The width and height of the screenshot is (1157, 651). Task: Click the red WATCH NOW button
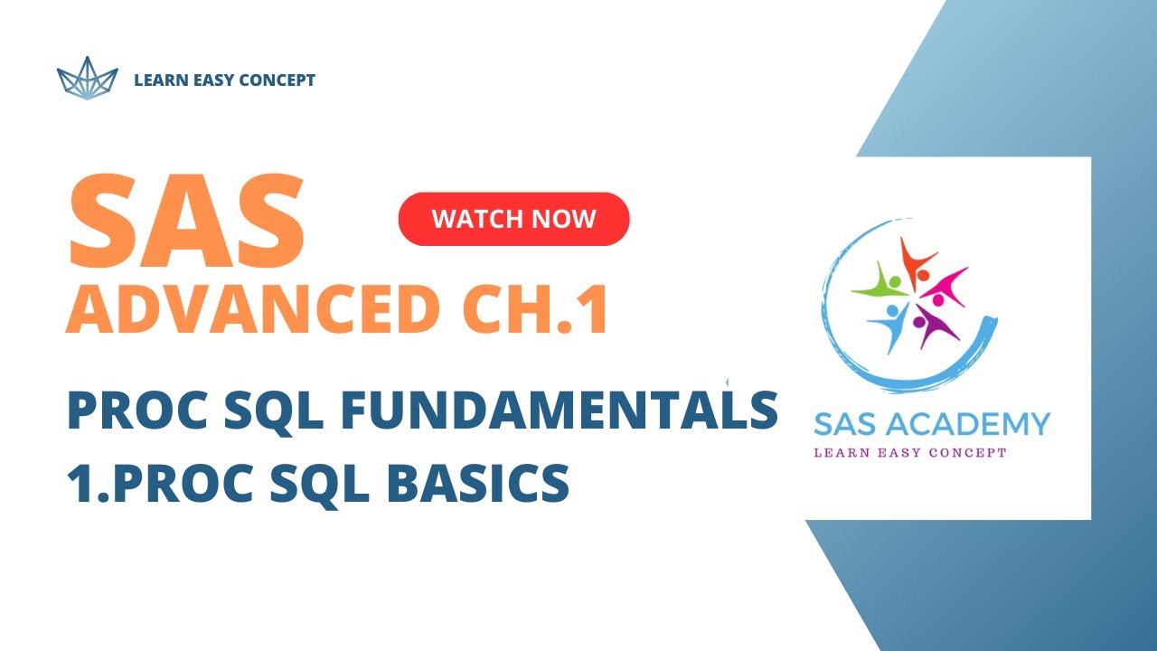pyautogui.click(x=513, y=219)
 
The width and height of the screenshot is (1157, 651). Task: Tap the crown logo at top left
pyautogui.click(x=88, y=79)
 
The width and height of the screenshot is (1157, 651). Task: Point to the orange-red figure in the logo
pyautogui.click(x=917, y=259)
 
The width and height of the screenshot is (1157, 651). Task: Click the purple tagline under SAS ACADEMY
pyautogui.click(x=909, y=452)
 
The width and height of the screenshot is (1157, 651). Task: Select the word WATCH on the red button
pyautogui.click(x=469, y=219)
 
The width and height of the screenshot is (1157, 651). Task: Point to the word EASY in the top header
pyautogui.click(x=209, y=80)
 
